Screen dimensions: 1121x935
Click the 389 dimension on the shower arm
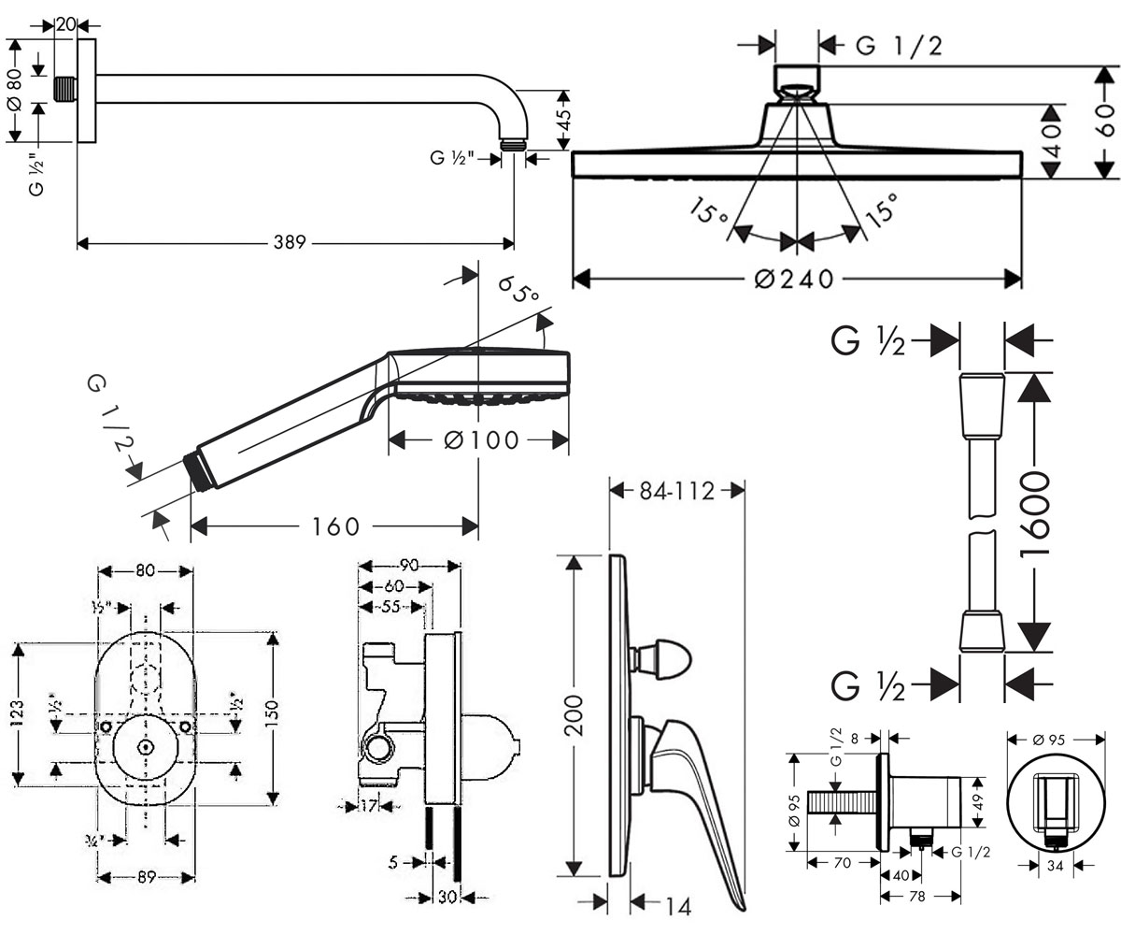pyautogui.click(x=290, y=242)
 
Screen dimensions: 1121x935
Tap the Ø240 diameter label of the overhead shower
pyautogui.click(x=794, y=279)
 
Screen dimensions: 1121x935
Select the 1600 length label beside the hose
pyautogui.click(x=1034, y=514)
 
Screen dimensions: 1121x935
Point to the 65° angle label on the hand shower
pyautogui.click(x=518, y=290)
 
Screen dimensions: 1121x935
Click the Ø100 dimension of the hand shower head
pyautogui.click(x=482, y=440)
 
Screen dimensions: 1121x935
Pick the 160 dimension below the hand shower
pyautogui.click(x=335, y=526)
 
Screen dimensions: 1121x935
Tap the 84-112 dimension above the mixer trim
pyautogui.click(x=676, y=491)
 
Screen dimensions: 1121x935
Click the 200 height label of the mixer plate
pyautogui.click(x=574, y=714)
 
